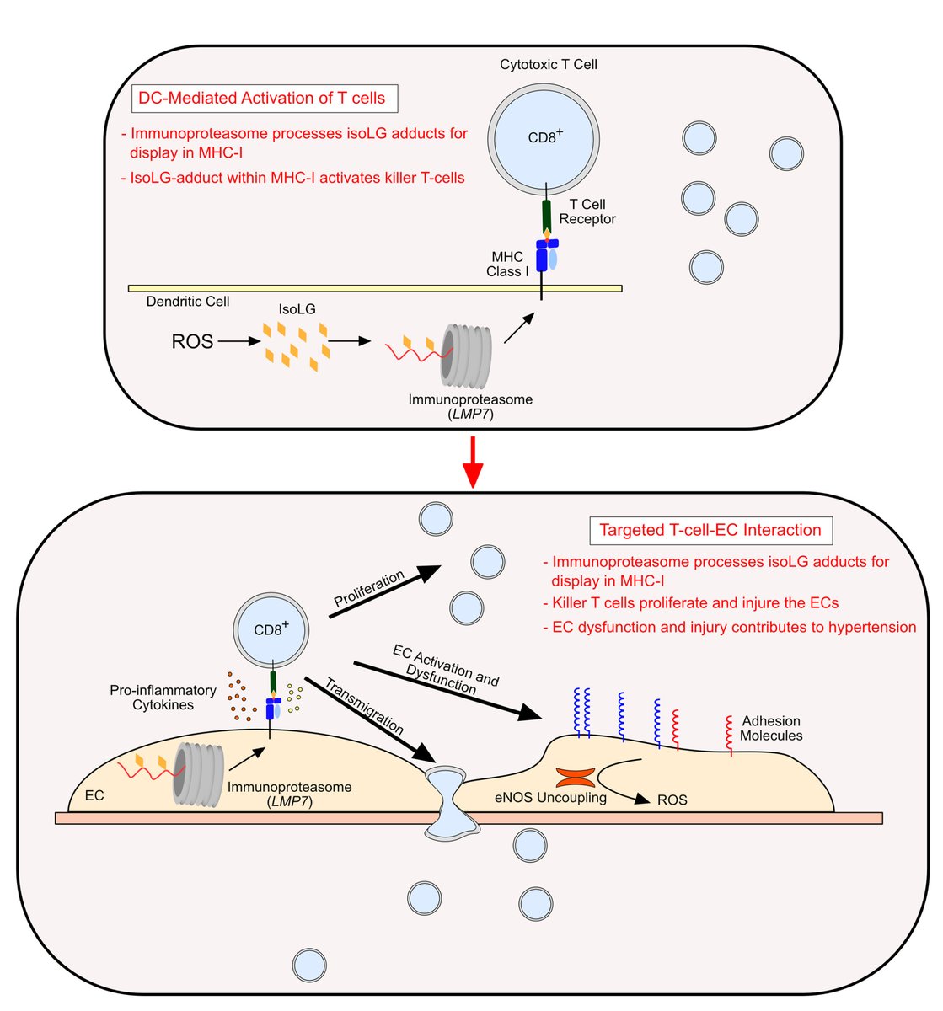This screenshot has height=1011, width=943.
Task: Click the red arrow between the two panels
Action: click(x=474, y=462)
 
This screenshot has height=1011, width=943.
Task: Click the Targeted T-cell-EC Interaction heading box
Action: click(x=710, y=531)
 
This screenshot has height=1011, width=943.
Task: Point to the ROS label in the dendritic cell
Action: click(x=192, y=342)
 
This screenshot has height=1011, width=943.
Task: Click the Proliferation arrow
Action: click(x=384, y=591)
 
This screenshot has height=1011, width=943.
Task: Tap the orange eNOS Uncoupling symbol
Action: click(x=576, y=776)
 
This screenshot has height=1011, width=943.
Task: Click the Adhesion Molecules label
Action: click(x=770, y=729)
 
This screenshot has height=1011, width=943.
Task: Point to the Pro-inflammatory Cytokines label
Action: click(x=163, y=697)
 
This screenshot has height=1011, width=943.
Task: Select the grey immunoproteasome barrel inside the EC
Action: click(x=199, y=773)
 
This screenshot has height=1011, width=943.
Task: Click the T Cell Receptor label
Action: click(x=587, y=211)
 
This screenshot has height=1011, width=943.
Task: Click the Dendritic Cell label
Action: click(x=188, y=301)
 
